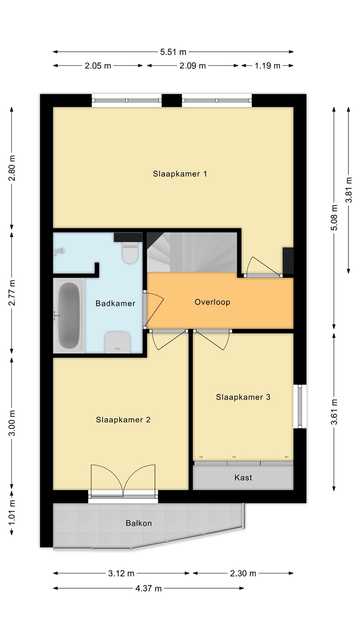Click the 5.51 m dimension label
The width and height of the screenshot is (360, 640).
(x=173, y=52)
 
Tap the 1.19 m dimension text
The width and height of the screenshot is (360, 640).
(x=268, y=66)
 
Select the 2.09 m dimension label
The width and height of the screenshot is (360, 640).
(x=192, y=66)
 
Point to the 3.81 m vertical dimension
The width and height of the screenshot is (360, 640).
(x=348, y=190)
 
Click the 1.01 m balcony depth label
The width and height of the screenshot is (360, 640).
(x=12, y=513)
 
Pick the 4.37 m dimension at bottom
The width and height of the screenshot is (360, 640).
(x=148, y=588)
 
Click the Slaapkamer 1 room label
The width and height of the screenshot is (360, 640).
(x=180, y=174)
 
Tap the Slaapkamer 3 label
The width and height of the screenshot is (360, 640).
(x=243, y=397)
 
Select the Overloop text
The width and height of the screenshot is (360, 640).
(x=212, y=302)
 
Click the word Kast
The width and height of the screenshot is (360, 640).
(x=243, y=477)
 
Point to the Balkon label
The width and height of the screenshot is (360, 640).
(x=139, y=523)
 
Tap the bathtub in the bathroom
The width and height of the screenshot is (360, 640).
(x=69, y=316)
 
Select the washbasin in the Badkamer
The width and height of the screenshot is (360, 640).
(x=117, y=342)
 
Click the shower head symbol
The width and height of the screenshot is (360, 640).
(x=58, y=252)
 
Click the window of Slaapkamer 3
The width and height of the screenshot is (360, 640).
(x=300, y=406)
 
